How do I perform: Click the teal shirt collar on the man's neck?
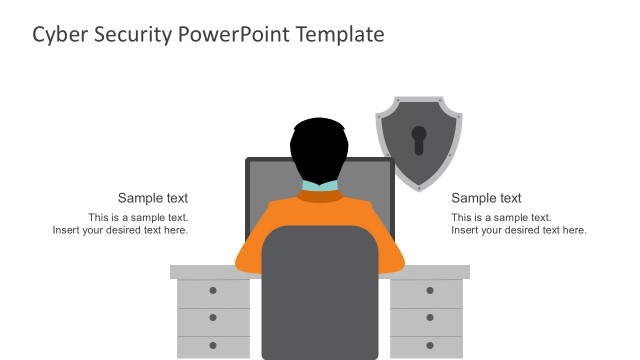(x=320, y=186)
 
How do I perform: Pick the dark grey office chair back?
(x=319, y=290)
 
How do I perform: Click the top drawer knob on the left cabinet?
(x=213, y=291)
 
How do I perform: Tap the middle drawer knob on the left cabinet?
(x=213, y=318)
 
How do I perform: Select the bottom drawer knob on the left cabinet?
(x=213, y=344)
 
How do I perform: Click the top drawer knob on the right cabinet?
(x=430, y=291)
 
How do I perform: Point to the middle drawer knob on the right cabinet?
(x=430, y=318)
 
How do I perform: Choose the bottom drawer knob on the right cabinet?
(x=430, y=344)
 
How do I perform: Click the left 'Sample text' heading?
(x=153, y=198)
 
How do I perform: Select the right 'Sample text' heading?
(x=486, y=198)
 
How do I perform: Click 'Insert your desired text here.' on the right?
(x=518, y=230)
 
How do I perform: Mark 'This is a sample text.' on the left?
(x=138, y=217)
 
